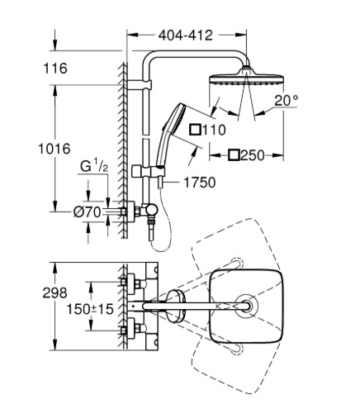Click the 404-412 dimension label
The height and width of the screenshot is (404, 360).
186,36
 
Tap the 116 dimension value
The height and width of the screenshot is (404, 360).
55,69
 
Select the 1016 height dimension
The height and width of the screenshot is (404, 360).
54,149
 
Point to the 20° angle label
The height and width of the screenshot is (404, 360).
287,100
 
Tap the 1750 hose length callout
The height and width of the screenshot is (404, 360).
200,183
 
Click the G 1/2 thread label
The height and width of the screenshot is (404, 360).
94,166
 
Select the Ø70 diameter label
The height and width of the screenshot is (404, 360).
87,212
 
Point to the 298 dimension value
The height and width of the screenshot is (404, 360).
54,293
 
